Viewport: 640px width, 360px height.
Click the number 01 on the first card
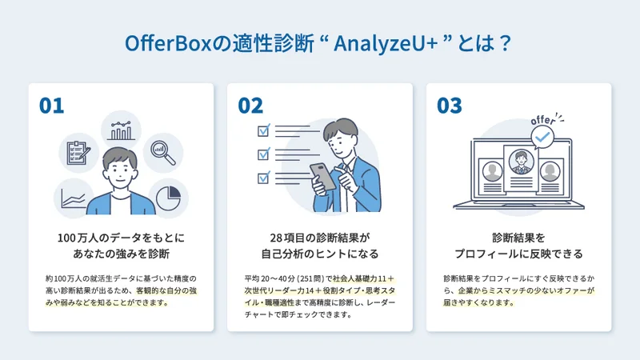click(51, 106)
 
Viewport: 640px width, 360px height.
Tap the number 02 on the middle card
click(250, 106)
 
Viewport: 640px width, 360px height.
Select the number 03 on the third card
click(450, 106)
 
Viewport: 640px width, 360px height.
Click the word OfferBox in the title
click(168, 43)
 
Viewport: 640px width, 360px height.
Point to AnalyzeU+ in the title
click(386, 43)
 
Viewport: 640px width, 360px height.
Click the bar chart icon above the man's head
click(122, 130)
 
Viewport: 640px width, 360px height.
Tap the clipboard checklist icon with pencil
click(78, 153)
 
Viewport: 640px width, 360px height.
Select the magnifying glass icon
click(163, 153)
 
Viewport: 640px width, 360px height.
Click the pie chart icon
click(168, 198)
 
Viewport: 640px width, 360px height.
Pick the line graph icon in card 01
click(74, 199)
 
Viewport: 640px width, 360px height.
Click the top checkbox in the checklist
click(264, 130)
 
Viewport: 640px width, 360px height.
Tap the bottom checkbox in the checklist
click(264, 178)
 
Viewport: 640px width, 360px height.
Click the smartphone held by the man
click(322, 176)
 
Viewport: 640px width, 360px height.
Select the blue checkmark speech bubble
click(542, 138)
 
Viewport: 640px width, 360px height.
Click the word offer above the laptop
click(543, 120)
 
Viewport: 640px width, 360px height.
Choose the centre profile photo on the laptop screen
click(522, 162)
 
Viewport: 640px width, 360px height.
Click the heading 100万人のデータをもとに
click(122, 238)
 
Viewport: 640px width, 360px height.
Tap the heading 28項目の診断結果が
click(320, 238)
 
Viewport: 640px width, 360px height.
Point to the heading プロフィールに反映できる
click(518, 254)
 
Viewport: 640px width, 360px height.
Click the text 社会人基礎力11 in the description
click(359, 278)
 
